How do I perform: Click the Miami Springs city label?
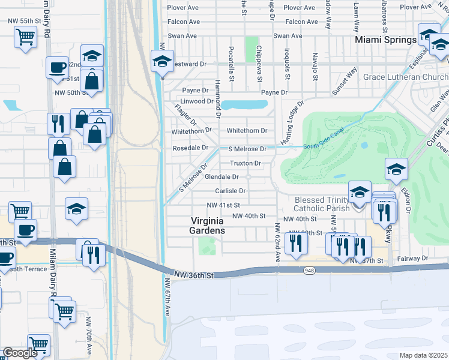click(385, 40)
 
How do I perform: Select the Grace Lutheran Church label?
click(405, 77)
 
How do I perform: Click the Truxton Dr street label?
click(245, 163)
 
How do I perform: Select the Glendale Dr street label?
click(222, 177)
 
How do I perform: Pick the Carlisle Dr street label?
click(231, 191)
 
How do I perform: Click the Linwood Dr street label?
click(192, 101)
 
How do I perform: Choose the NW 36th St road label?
click(193, 275)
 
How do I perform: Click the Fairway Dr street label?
click(412, 258)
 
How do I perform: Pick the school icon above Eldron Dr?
click(397, 169)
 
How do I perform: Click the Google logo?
click(20, 353)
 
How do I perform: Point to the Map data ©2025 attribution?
click(424, 355)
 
